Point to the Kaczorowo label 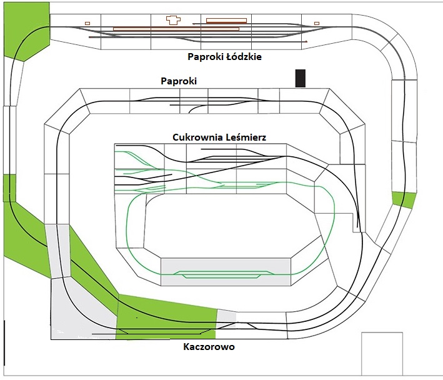[209, 347]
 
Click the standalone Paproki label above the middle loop [179, 81]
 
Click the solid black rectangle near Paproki [301, 78]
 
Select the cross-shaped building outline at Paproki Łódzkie [173, 20]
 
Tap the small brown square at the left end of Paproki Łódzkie [87, 23]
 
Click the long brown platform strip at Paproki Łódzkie [176, 28]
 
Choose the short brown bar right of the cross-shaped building [226, 20]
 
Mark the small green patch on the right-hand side [403, 199]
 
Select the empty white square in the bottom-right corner [381, 353]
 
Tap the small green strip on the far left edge [9, 187]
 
